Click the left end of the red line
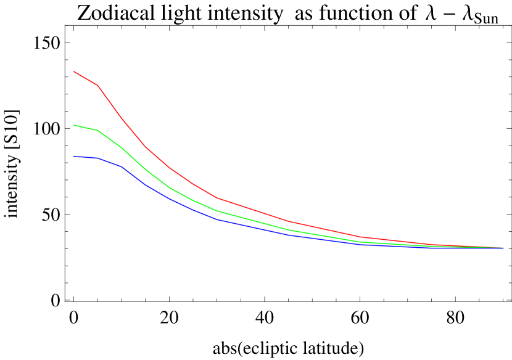tap(74, 72)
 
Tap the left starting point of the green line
tap(74, 125)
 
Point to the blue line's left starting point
tap(74, 156)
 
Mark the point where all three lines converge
tap(503, 248)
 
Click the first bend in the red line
tap(97, 85)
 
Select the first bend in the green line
tap(97, 130)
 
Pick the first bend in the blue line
tap(97, 158)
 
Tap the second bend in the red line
tap(122, 118)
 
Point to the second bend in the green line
tap(122, 147)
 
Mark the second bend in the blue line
tap(122, 166)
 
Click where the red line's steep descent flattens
tap(217, 198)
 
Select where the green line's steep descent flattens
tap(217, 211)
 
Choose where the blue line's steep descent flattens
tap(217, 219)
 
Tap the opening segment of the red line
tap(86, 78)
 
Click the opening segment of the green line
tap(86, 128)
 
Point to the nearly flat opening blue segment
tap(86, 157)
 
